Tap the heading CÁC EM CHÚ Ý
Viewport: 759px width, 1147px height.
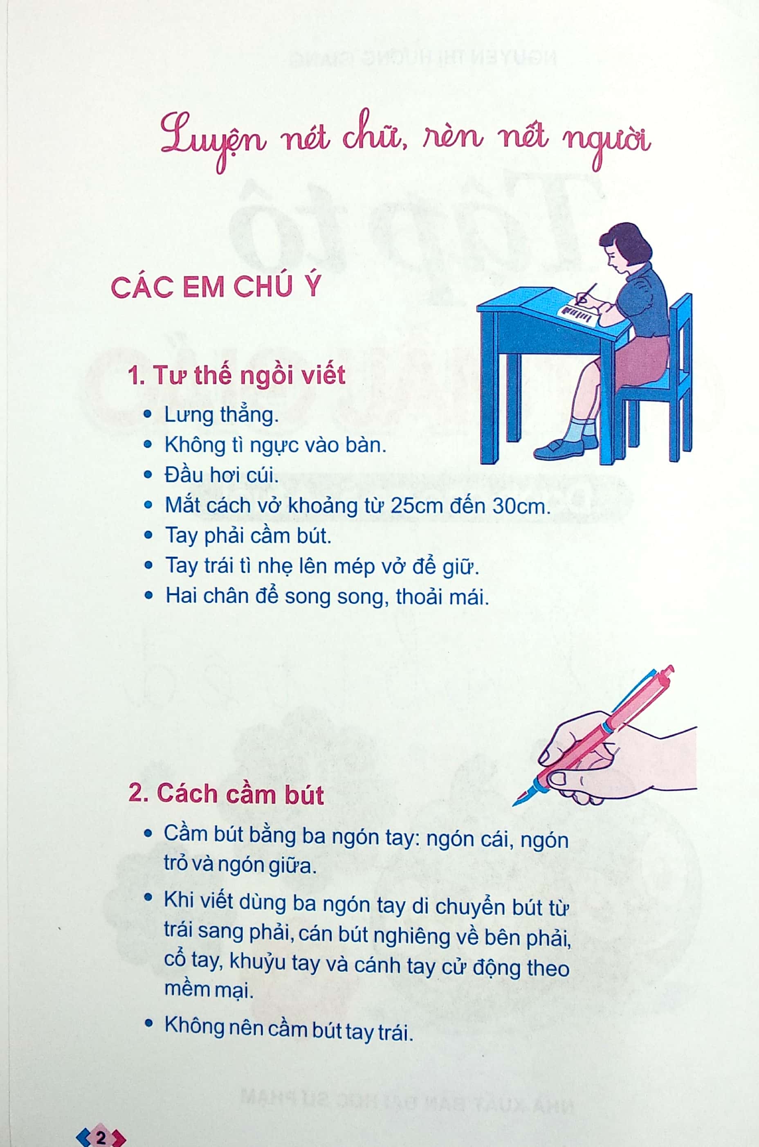tap(216, 287)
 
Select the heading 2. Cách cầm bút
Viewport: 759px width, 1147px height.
tap(226, 794)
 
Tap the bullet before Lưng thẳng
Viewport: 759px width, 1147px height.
tap(148, 415)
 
